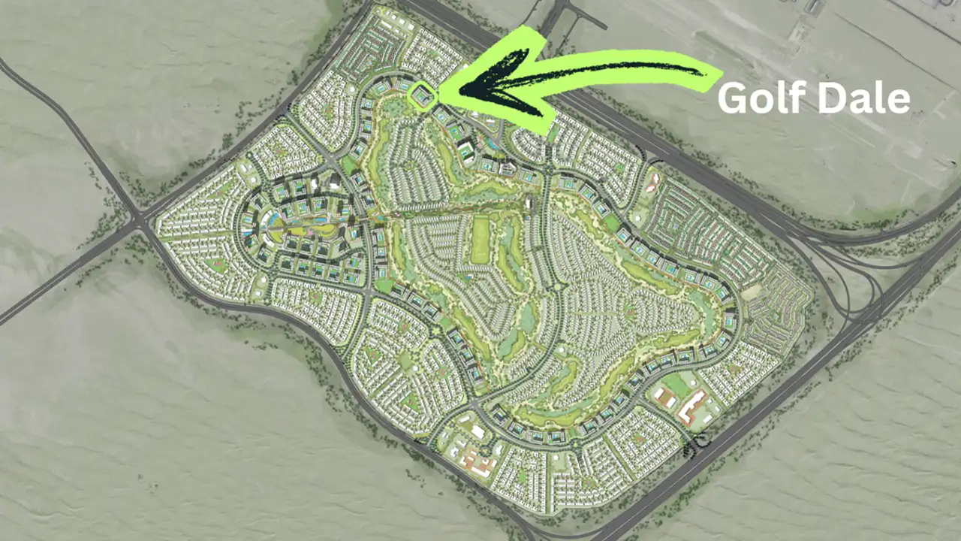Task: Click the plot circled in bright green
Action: (x=422, y=96)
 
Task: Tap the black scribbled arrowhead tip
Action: (x=459, y=89)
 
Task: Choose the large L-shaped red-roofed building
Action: (x=691, y=406)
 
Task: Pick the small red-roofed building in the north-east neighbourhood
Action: (x=652, y=180)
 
